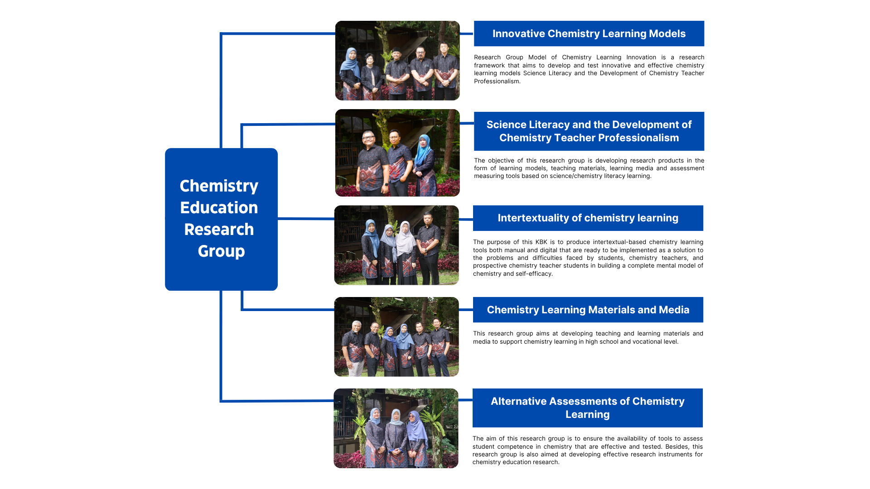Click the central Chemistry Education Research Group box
[221, 219]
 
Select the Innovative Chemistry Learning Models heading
[589, 34]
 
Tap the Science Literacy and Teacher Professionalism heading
[589, 131]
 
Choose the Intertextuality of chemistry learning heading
[588, 218]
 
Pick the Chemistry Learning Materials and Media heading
[588, 310]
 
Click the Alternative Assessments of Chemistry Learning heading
[588, 408]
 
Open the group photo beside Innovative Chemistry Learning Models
[397, 61]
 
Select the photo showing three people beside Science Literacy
[397, 153]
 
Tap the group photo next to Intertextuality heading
[396, 245]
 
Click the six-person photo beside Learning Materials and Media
[396, 337]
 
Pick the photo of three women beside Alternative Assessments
[396, 428]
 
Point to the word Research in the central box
[219, 230]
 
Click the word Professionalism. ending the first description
[497, 81]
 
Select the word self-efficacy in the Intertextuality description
[534, 274]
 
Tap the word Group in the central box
[221, 251]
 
